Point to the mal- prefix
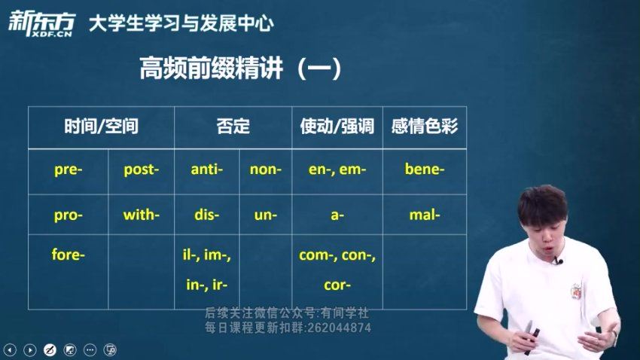[425, 215]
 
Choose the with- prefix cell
[142, 215]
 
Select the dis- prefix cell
[206, 215]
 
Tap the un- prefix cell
[265, 215]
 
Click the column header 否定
[233, 126]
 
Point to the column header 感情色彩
[425, 126]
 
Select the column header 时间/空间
[101, 126]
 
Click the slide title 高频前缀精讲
[211, 69]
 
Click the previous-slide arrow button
[10, 349]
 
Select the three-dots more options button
[90, 349]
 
